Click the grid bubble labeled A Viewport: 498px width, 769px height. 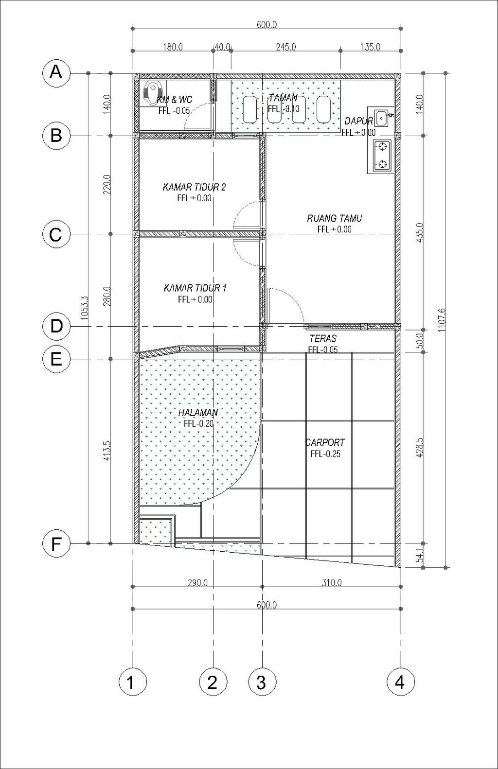click(56, 73)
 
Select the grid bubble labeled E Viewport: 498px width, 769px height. click(56, 359)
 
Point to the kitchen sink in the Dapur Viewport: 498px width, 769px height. click(382, 118)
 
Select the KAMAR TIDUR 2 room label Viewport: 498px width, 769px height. click(194, 188)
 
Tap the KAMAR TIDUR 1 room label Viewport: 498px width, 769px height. click(195, 288)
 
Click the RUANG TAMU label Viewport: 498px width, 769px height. click(334, 218)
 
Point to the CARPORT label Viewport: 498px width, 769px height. click(325, 442)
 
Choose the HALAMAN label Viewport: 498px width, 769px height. click(198, 412)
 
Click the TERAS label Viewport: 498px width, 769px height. click(323, 338)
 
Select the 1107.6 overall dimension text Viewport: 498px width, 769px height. click(441, 320)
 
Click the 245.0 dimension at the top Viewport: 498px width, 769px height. click(286, 47)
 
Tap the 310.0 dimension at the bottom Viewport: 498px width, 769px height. click(332, 583)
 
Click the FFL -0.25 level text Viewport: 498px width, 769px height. click(325, 454)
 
